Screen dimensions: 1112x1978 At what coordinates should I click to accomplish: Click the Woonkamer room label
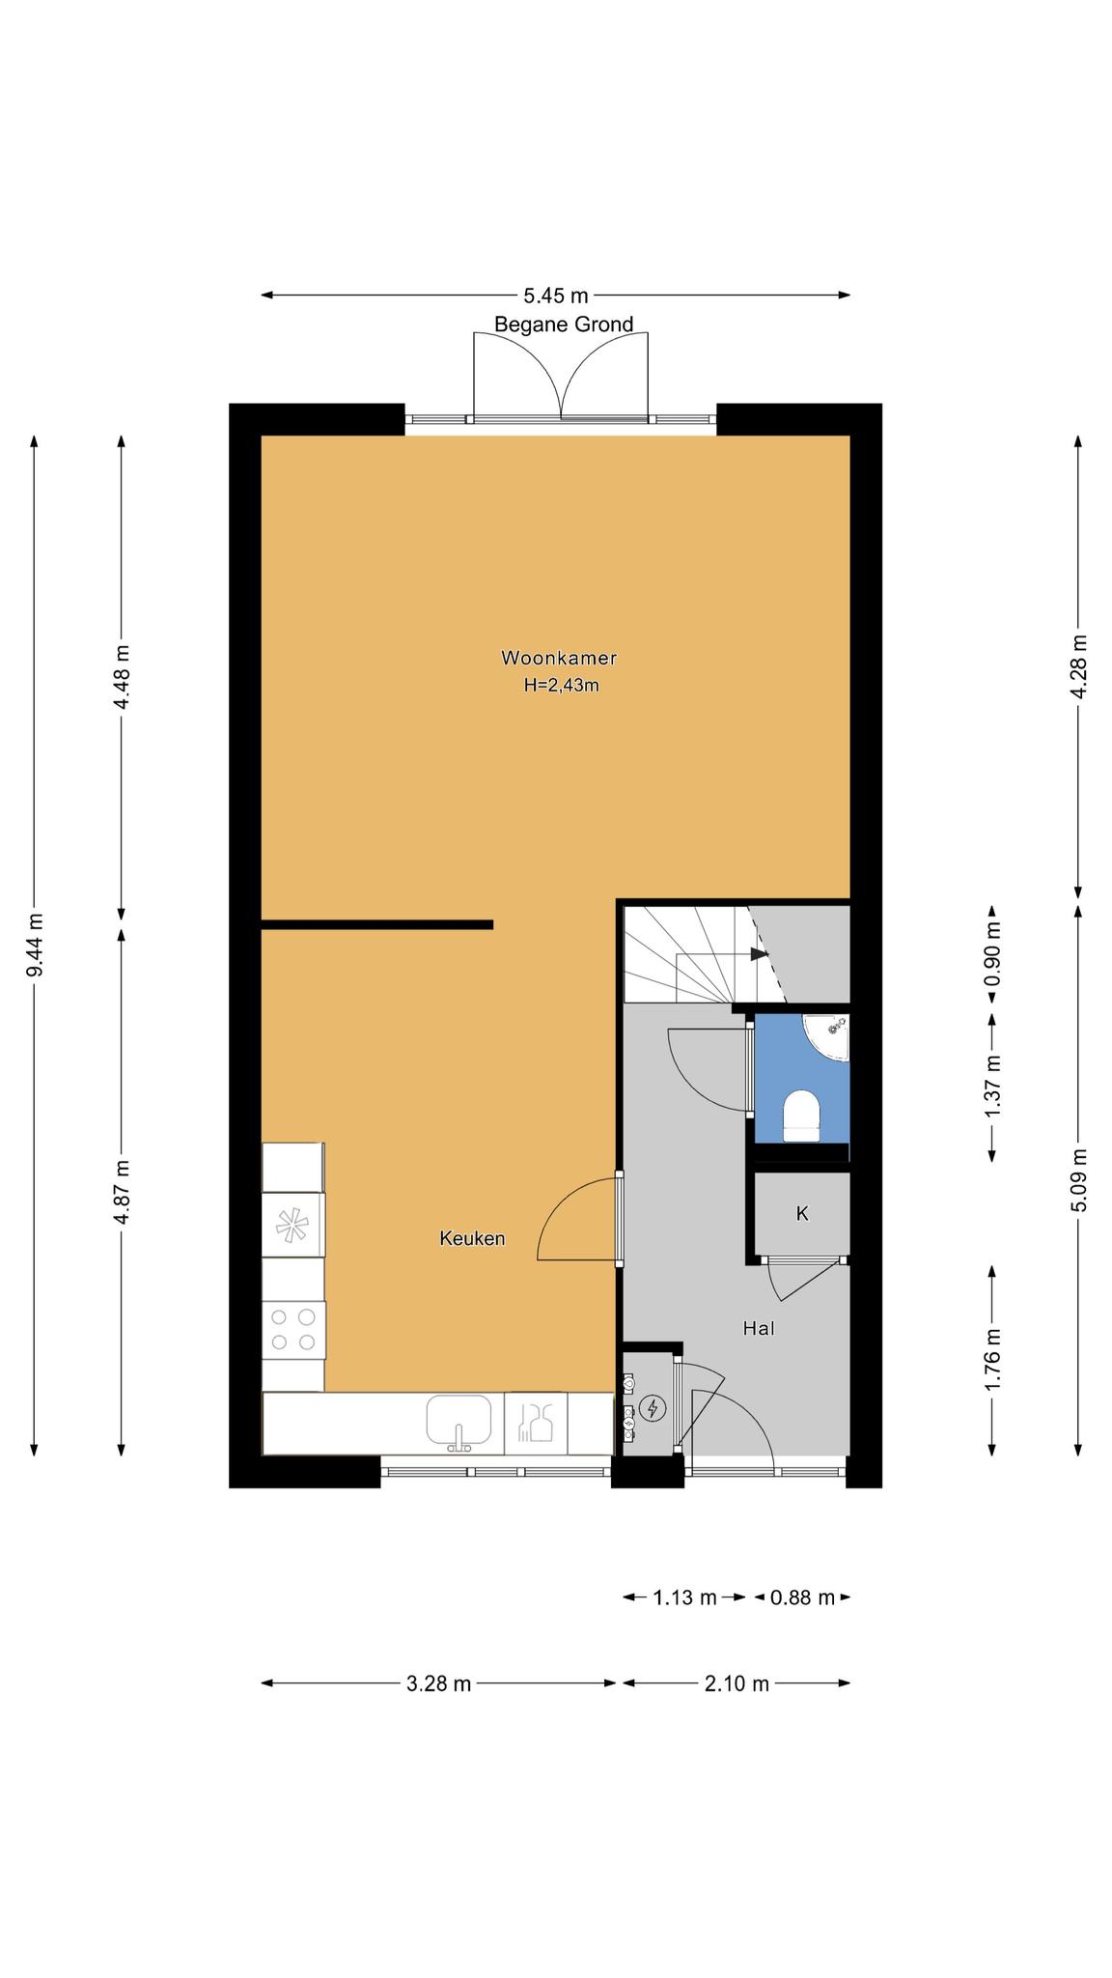558,659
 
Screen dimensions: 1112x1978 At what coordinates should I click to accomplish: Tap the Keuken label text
472,1238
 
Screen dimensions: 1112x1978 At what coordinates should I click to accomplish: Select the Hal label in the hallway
759,1328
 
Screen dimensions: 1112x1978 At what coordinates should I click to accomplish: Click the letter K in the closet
801,1214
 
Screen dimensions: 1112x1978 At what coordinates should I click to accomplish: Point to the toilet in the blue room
800,1116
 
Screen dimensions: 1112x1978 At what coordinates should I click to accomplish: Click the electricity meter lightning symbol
653,1409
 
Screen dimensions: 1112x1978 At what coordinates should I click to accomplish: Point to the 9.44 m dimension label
35,945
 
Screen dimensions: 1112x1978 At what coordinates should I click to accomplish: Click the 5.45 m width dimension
555,296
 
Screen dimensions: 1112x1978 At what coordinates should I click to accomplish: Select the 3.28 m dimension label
438,1683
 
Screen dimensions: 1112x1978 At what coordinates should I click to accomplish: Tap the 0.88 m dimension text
801,1597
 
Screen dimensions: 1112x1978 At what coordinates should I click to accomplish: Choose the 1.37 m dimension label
991,1087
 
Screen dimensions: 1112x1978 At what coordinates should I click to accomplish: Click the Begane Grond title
564,325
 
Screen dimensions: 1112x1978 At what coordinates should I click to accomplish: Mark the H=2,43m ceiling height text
561,686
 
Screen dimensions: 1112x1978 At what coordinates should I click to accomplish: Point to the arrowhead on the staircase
761,954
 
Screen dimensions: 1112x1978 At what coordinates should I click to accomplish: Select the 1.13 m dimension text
684,1597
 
